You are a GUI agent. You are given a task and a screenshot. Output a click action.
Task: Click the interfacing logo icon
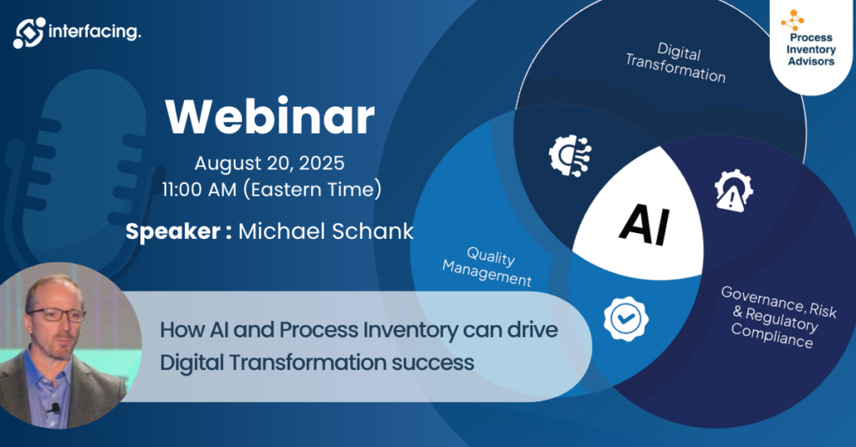(x=29, y=33)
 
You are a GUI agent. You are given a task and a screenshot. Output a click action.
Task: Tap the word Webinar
(x=270, y=117)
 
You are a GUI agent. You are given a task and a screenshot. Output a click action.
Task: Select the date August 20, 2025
(x=270, y=163)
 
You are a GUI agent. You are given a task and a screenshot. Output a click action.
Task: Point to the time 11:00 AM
(x=199, y=190)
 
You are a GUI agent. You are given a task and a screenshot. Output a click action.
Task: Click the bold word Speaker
(x=173, y=231)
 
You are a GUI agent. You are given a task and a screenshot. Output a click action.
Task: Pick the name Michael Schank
(x=326, y=231)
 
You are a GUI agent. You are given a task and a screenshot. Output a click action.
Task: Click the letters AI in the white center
(x=645, y=224)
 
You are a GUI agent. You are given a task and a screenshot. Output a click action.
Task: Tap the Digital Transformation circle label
(x=676, y=62)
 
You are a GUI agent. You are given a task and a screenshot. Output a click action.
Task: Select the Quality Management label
(x=487, y=266)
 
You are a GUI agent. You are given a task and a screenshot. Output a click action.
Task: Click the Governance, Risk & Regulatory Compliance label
(x=777, y=317)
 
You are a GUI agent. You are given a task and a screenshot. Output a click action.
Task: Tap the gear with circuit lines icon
(x=569, y=155)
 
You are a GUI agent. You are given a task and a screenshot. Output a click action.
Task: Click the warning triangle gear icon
(x=734, y=190)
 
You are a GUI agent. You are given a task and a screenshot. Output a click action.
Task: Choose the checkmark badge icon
(x=626, y=318)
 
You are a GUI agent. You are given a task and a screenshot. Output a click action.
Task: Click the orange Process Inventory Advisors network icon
(x=792, y=21)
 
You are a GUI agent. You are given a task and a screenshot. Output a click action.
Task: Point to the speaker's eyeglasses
(x=57, y=315)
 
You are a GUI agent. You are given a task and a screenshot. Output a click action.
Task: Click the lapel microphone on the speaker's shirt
(x=54, y=409)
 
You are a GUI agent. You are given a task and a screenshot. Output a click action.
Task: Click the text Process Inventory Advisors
(x=811, y=49)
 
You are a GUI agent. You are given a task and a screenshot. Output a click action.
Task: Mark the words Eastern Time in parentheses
(x=313, y=190)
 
